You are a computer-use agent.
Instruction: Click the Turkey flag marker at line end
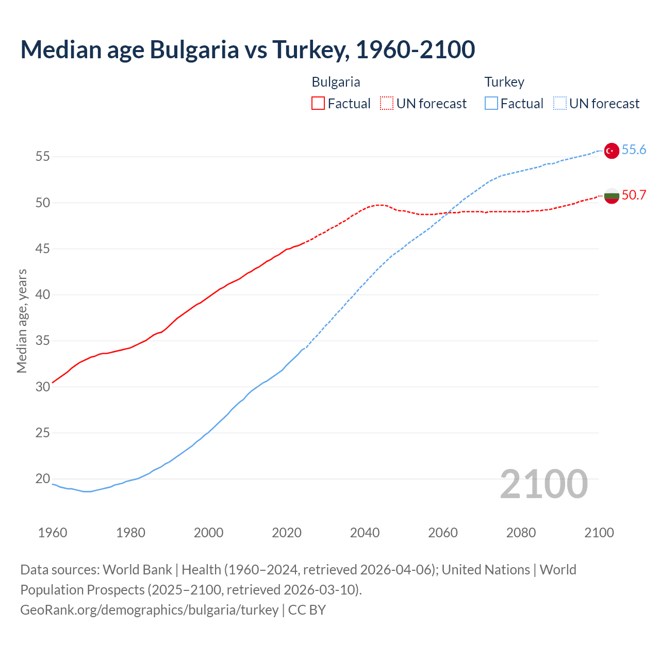[612, 151]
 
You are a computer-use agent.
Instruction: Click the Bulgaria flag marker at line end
[612, 196]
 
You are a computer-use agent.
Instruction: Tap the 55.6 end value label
[634, 150]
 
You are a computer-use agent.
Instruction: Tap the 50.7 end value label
[634, 195]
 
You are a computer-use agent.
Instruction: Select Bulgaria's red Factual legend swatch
[318, 104]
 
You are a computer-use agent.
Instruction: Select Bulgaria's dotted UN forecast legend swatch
[387, 104]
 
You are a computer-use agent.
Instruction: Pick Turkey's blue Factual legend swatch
[491, 104]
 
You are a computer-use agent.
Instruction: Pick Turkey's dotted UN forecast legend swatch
[559, 104]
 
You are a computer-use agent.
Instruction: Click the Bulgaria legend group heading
[336, 82]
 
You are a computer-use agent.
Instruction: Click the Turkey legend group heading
[504, 82]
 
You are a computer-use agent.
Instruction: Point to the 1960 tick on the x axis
[53, 533]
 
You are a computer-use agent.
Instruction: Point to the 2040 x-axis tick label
[365, 533]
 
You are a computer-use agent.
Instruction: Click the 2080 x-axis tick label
[521, 533]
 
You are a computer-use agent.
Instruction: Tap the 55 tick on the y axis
[43, 157]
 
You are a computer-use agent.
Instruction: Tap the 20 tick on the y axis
[43, 479]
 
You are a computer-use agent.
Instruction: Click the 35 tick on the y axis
[43, 341]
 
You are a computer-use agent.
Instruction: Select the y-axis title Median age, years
[22, 321]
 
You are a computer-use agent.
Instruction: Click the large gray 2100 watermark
[544, 484]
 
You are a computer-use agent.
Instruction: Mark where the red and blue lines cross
[447, 212]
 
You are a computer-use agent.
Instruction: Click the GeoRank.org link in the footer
[149, 610]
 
